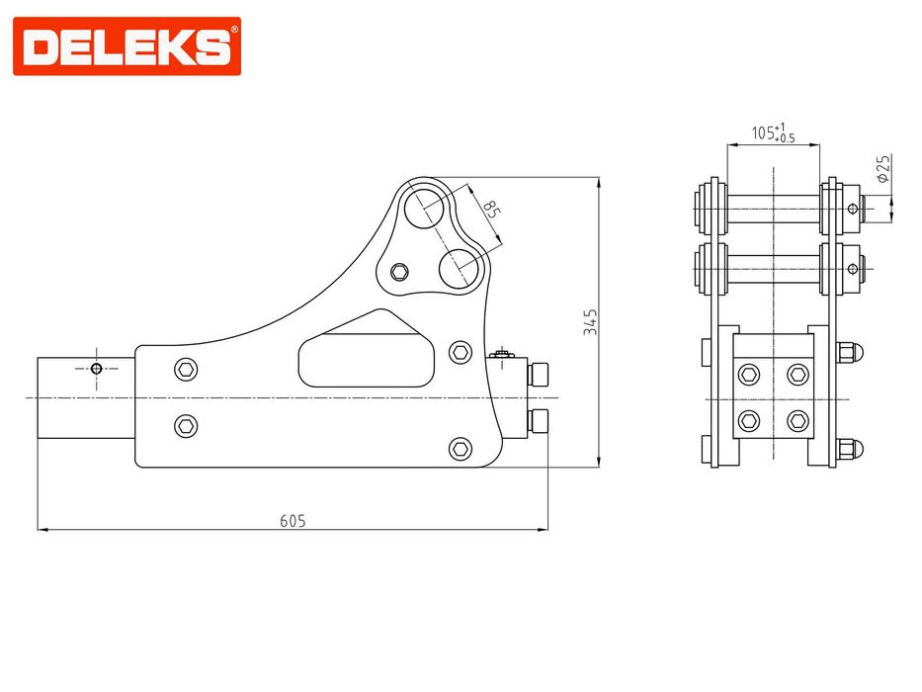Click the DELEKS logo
coord(126,45)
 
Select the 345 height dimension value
coord(590,322)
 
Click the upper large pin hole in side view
coord(425,208)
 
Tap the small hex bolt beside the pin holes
coord(399,273)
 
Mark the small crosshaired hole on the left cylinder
coord(96,369)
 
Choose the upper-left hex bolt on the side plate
coord(186,370)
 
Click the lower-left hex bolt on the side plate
coord(186,425)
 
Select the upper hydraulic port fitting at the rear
coord(540,374)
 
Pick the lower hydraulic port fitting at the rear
coord(540,422)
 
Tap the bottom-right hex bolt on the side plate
coord(460,449)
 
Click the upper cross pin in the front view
coord(773,208)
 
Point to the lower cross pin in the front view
coord(773,266)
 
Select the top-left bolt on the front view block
coord(749,373)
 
